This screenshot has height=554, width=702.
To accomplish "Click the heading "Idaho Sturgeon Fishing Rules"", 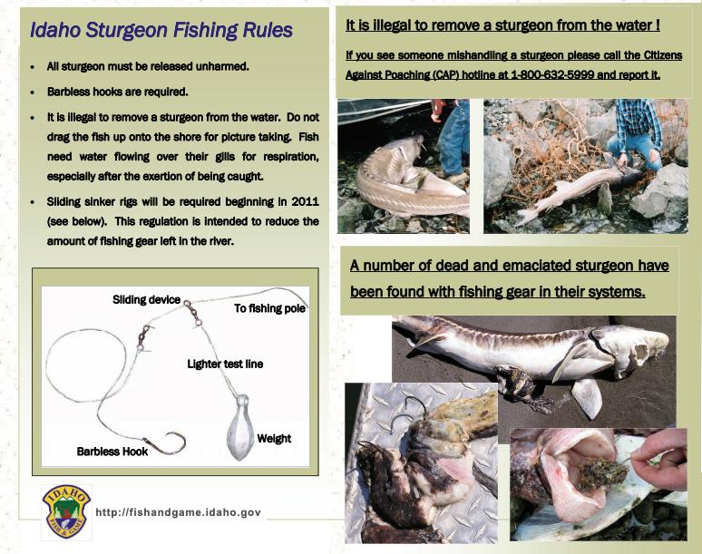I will click(161, 30).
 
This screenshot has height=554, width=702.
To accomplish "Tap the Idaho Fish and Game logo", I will click(66, 512).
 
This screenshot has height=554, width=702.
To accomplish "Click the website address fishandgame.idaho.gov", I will click(178, 512).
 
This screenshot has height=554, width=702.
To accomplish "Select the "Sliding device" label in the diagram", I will click(145, 299).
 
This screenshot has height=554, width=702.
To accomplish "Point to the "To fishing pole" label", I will click(269, 308).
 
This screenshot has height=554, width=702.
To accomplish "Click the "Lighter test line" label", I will click(225, 364).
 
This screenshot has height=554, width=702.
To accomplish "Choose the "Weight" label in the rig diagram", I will click(274, 439).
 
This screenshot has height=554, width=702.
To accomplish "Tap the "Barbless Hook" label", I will click(112, 451).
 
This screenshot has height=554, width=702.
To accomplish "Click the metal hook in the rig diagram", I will click(168, 443).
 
